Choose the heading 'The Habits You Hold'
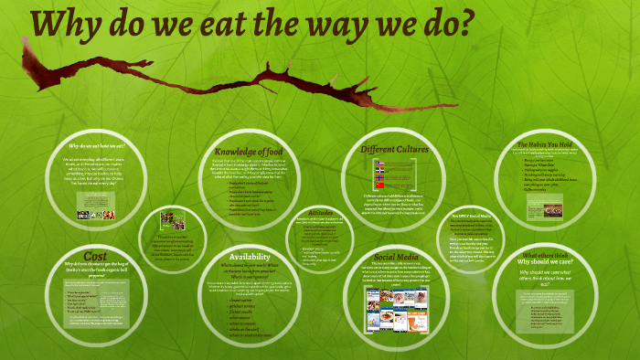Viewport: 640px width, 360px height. pyautogui.click(x=546, y=144)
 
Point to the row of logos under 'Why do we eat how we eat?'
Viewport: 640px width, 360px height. pyautogui.click(x=96, y=215)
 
